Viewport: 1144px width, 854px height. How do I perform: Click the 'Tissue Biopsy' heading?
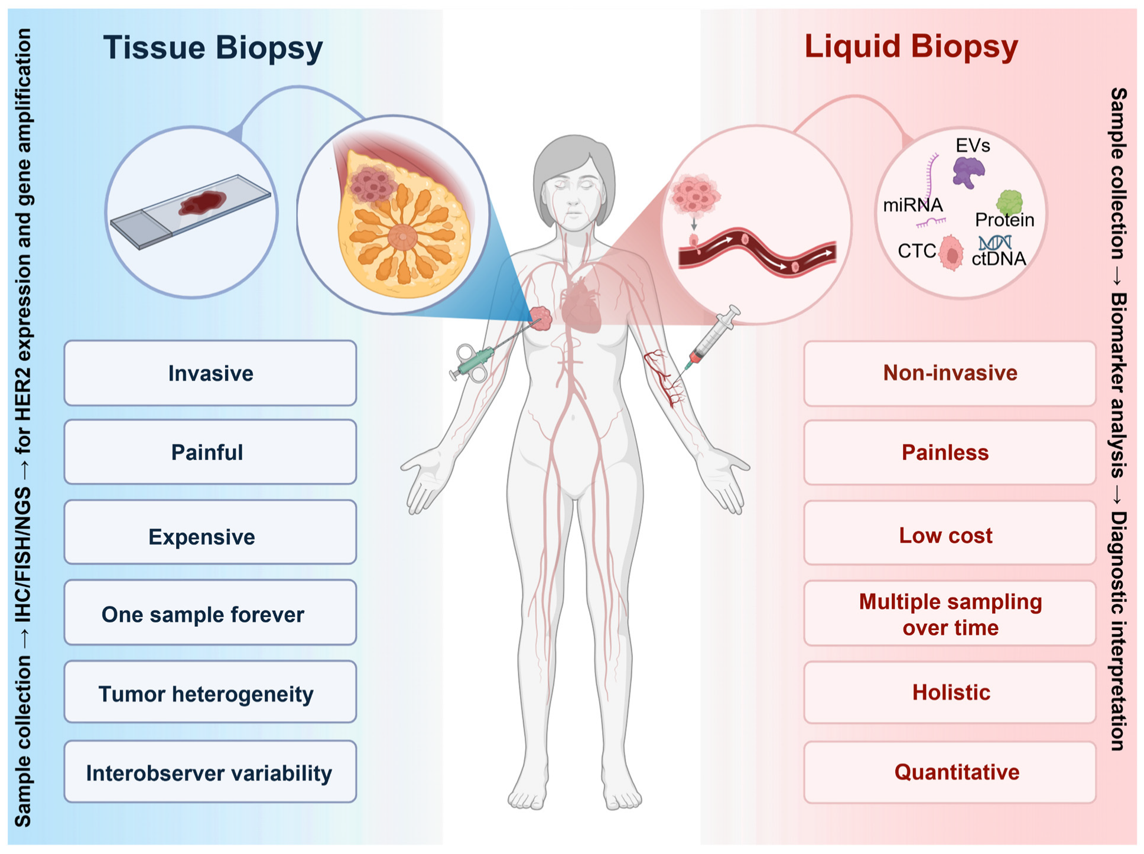tap(213, 47)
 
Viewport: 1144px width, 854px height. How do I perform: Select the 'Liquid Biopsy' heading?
tap(911, 46)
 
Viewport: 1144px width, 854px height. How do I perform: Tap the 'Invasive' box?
tap(210, 373)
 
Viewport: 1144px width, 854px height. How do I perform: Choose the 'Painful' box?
tap(210, 452)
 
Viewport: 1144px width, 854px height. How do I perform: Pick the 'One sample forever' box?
tap(210, 614)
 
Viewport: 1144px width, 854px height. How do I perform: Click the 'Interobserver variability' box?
tap(210, 772)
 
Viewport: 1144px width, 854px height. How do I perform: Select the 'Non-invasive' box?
tap(950, 373)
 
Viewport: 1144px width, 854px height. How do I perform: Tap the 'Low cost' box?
tap(950, 535)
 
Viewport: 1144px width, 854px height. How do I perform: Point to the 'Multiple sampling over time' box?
tap(950, 614)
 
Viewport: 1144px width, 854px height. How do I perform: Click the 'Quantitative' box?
tap(950, 772)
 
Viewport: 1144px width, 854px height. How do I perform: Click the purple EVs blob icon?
tap(968, 172)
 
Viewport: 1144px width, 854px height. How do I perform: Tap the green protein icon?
tap(1009, 202)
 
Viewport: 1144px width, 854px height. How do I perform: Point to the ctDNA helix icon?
tap(995, 242)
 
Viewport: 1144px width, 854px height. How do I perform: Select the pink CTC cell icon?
tap(951, 253)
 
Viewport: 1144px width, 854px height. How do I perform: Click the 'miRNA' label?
tap(912, 206)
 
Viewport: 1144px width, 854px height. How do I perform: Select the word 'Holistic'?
tap(951, 692)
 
